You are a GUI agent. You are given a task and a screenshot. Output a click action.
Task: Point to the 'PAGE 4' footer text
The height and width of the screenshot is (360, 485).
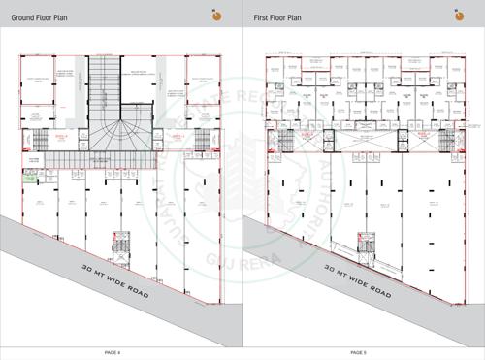pyautogui.click(x=119, y=352)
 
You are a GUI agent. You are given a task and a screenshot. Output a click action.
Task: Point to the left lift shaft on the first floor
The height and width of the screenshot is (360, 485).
pyautogui.click(x=329, y=139)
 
